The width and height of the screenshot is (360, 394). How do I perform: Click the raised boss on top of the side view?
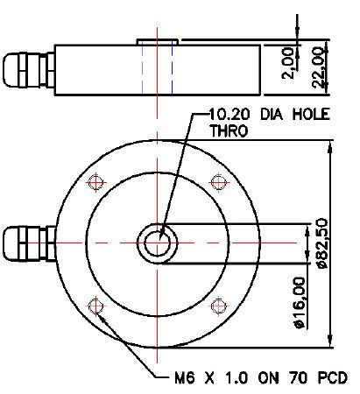click(158, 41)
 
